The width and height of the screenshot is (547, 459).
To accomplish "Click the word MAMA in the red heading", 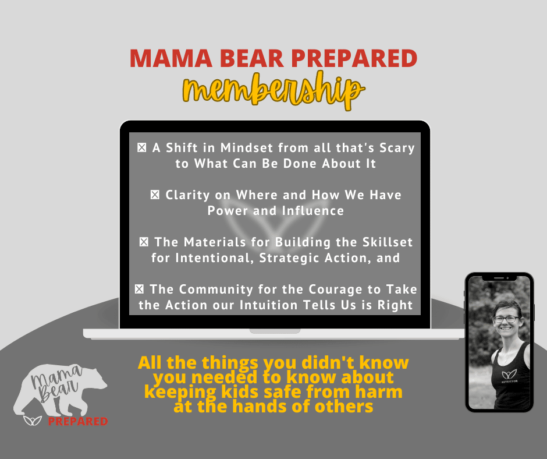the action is (171, 58).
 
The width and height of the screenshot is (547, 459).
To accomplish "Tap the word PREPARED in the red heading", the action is (354, 58).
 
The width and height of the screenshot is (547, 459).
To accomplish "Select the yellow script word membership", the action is (274, 90).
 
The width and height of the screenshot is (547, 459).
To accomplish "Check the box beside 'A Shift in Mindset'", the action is (141, 148).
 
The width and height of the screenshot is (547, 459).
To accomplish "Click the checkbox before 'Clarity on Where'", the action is (155, 195).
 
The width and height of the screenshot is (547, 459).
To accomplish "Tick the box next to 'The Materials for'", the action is (144, 242).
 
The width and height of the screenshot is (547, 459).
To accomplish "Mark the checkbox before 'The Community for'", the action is (139, 289).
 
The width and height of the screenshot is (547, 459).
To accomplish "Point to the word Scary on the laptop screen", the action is (397, 148).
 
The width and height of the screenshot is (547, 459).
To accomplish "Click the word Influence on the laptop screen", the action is (312, 211).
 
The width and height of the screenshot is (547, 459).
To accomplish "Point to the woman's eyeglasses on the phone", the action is (506, 319).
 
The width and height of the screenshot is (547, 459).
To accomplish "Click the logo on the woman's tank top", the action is (509, 375).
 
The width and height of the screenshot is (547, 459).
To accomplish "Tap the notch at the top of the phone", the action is (499, 278).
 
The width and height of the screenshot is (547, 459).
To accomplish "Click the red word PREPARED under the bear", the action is (77, 421).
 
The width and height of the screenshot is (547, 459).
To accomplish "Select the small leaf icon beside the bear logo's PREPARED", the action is (33, 420).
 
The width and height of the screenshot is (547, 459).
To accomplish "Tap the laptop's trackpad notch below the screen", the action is (275, 331).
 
